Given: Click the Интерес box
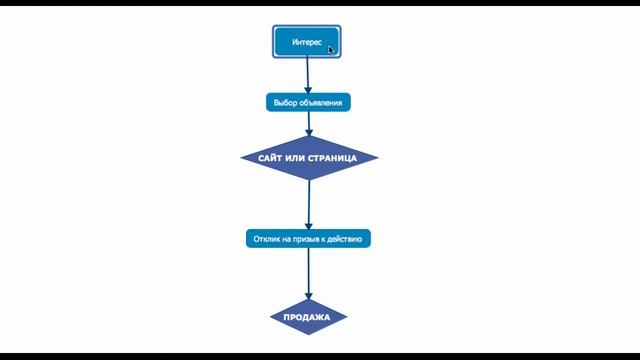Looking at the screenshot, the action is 307,42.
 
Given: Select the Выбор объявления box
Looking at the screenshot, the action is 308,102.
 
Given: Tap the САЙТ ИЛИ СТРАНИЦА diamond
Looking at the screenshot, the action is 309,158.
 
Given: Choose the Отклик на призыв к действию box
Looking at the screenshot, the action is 308,239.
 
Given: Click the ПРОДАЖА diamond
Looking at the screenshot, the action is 308,317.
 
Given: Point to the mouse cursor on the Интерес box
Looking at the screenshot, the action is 331,50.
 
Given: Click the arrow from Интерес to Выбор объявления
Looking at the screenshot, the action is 308,76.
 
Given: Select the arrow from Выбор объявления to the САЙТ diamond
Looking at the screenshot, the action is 309,124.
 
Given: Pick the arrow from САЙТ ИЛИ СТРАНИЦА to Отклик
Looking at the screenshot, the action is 309,205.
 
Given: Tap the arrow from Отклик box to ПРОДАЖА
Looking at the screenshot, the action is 308,273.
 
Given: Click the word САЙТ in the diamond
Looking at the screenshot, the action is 271,158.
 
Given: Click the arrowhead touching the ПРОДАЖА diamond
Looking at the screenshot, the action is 308,296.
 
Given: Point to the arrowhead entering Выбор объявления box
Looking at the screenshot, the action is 308,90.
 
